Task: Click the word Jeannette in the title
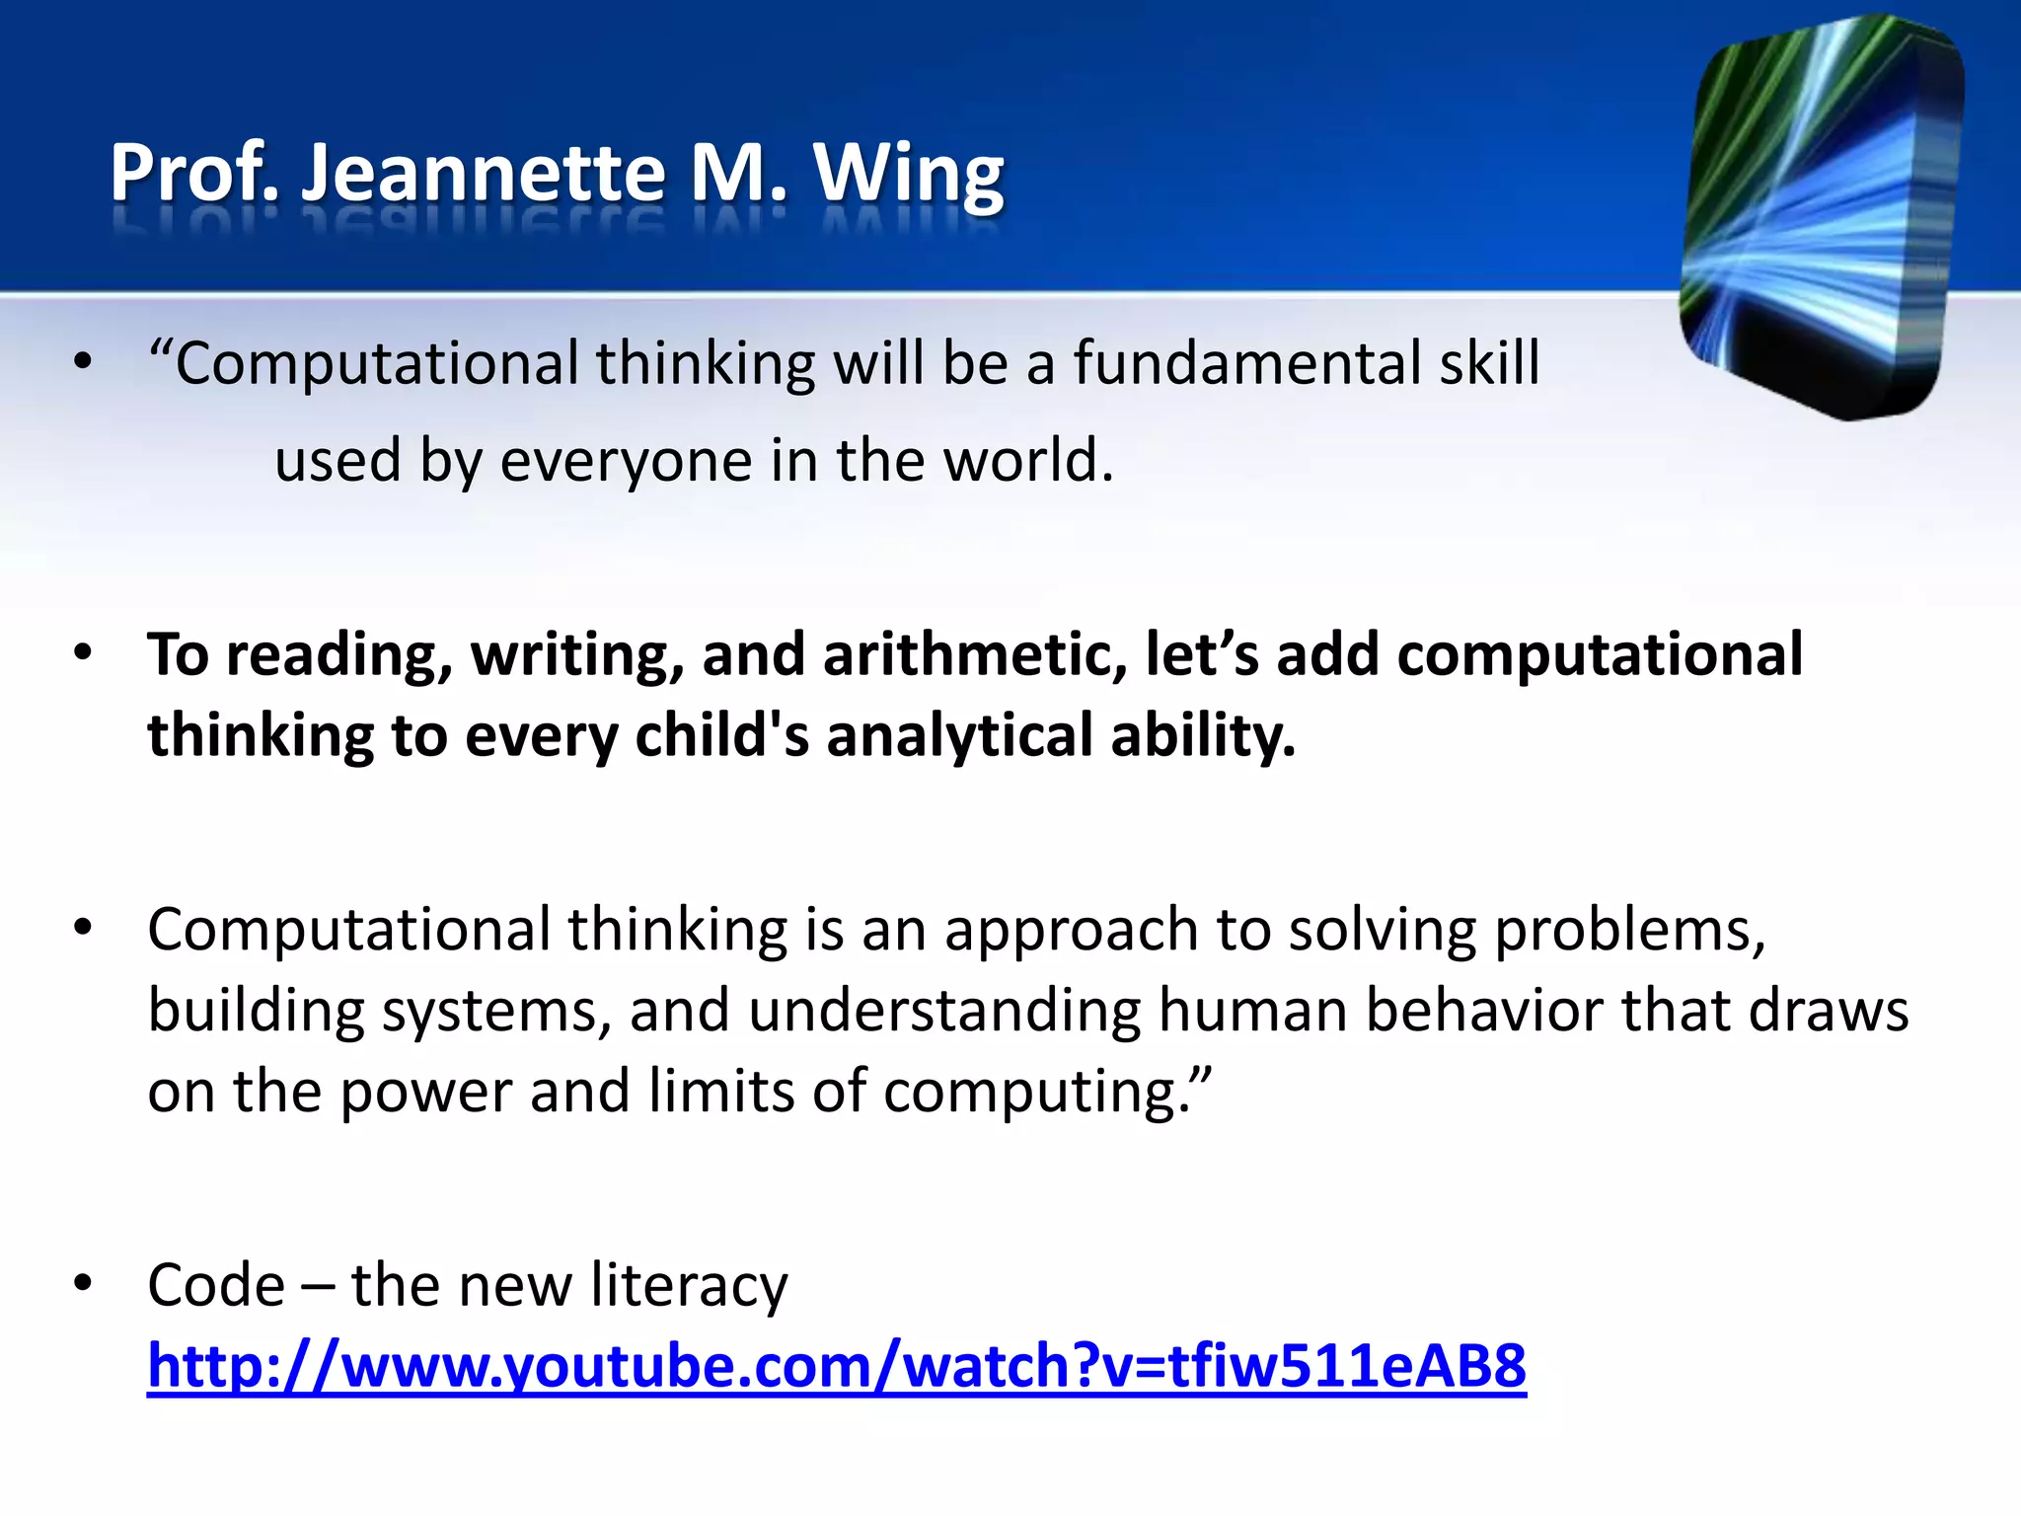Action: [484, 173]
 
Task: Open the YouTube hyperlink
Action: [837, 1366]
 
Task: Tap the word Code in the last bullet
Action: [216, 1285]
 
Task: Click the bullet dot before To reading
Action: [83, 652]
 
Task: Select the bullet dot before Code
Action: [83, 1283]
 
